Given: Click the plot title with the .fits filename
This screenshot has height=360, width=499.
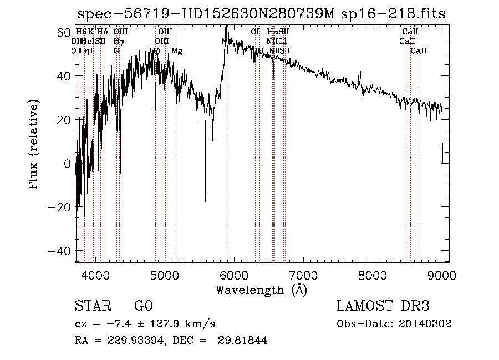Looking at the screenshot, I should tap(261, 14).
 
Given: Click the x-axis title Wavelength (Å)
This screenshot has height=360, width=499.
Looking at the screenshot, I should tap(261, 290).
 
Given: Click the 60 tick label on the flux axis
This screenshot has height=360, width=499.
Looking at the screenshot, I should tap(62, 33).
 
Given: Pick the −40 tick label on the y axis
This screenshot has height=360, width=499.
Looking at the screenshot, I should tap(59, 251).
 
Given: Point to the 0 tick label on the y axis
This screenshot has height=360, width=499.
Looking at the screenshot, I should tap(67, 164).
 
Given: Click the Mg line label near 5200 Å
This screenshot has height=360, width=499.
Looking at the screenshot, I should tap(177, 51).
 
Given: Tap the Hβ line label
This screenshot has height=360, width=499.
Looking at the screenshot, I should tap(155, 51).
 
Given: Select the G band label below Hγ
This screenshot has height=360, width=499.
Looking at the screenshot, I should tap(116, 51).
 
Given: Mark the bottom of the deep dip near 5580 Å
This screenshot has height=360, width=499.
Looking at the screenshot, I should tap(205, 201).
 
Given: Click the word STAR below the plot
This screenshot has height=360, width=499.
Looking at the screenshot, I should tap(92, 306).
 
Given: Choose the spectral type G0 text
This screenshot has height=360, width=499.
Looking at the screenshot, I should tap(143, 306).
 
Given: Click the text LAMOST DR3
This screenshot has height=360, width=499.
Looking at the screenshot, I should tap(383, 306).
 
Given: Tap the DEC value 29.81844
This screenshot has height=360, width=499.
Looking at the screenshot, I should tap(243, 341).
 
